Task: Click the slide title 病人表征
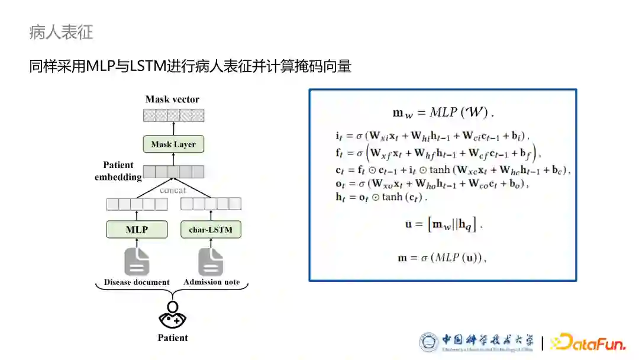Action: coord(61,32)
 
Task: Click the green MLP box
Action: coord(137,229)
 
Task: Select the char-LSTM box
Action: coord(211,229)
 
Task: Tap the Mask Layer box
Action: coord(173,144)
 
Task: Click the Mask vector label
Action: coord(172,99)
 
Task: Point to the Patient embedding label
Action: coord(118,171)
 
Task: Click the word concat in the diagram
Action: coord(173,190)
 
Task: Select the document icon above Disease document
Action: coord(137,261)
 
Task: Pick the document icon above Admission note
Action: coord(211,261)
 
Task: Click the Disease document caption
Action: coord(137,282)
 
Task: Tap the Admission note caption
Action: coord(211,282)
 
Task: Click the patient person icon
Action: coord(173,316)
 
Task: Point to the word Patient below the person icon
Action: coord(173,338)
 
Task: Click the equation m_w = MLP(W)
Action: coord(443,113)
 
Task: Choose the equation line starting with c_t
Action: coord(452,171)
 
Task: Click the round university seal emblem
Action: coord(429,342)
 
